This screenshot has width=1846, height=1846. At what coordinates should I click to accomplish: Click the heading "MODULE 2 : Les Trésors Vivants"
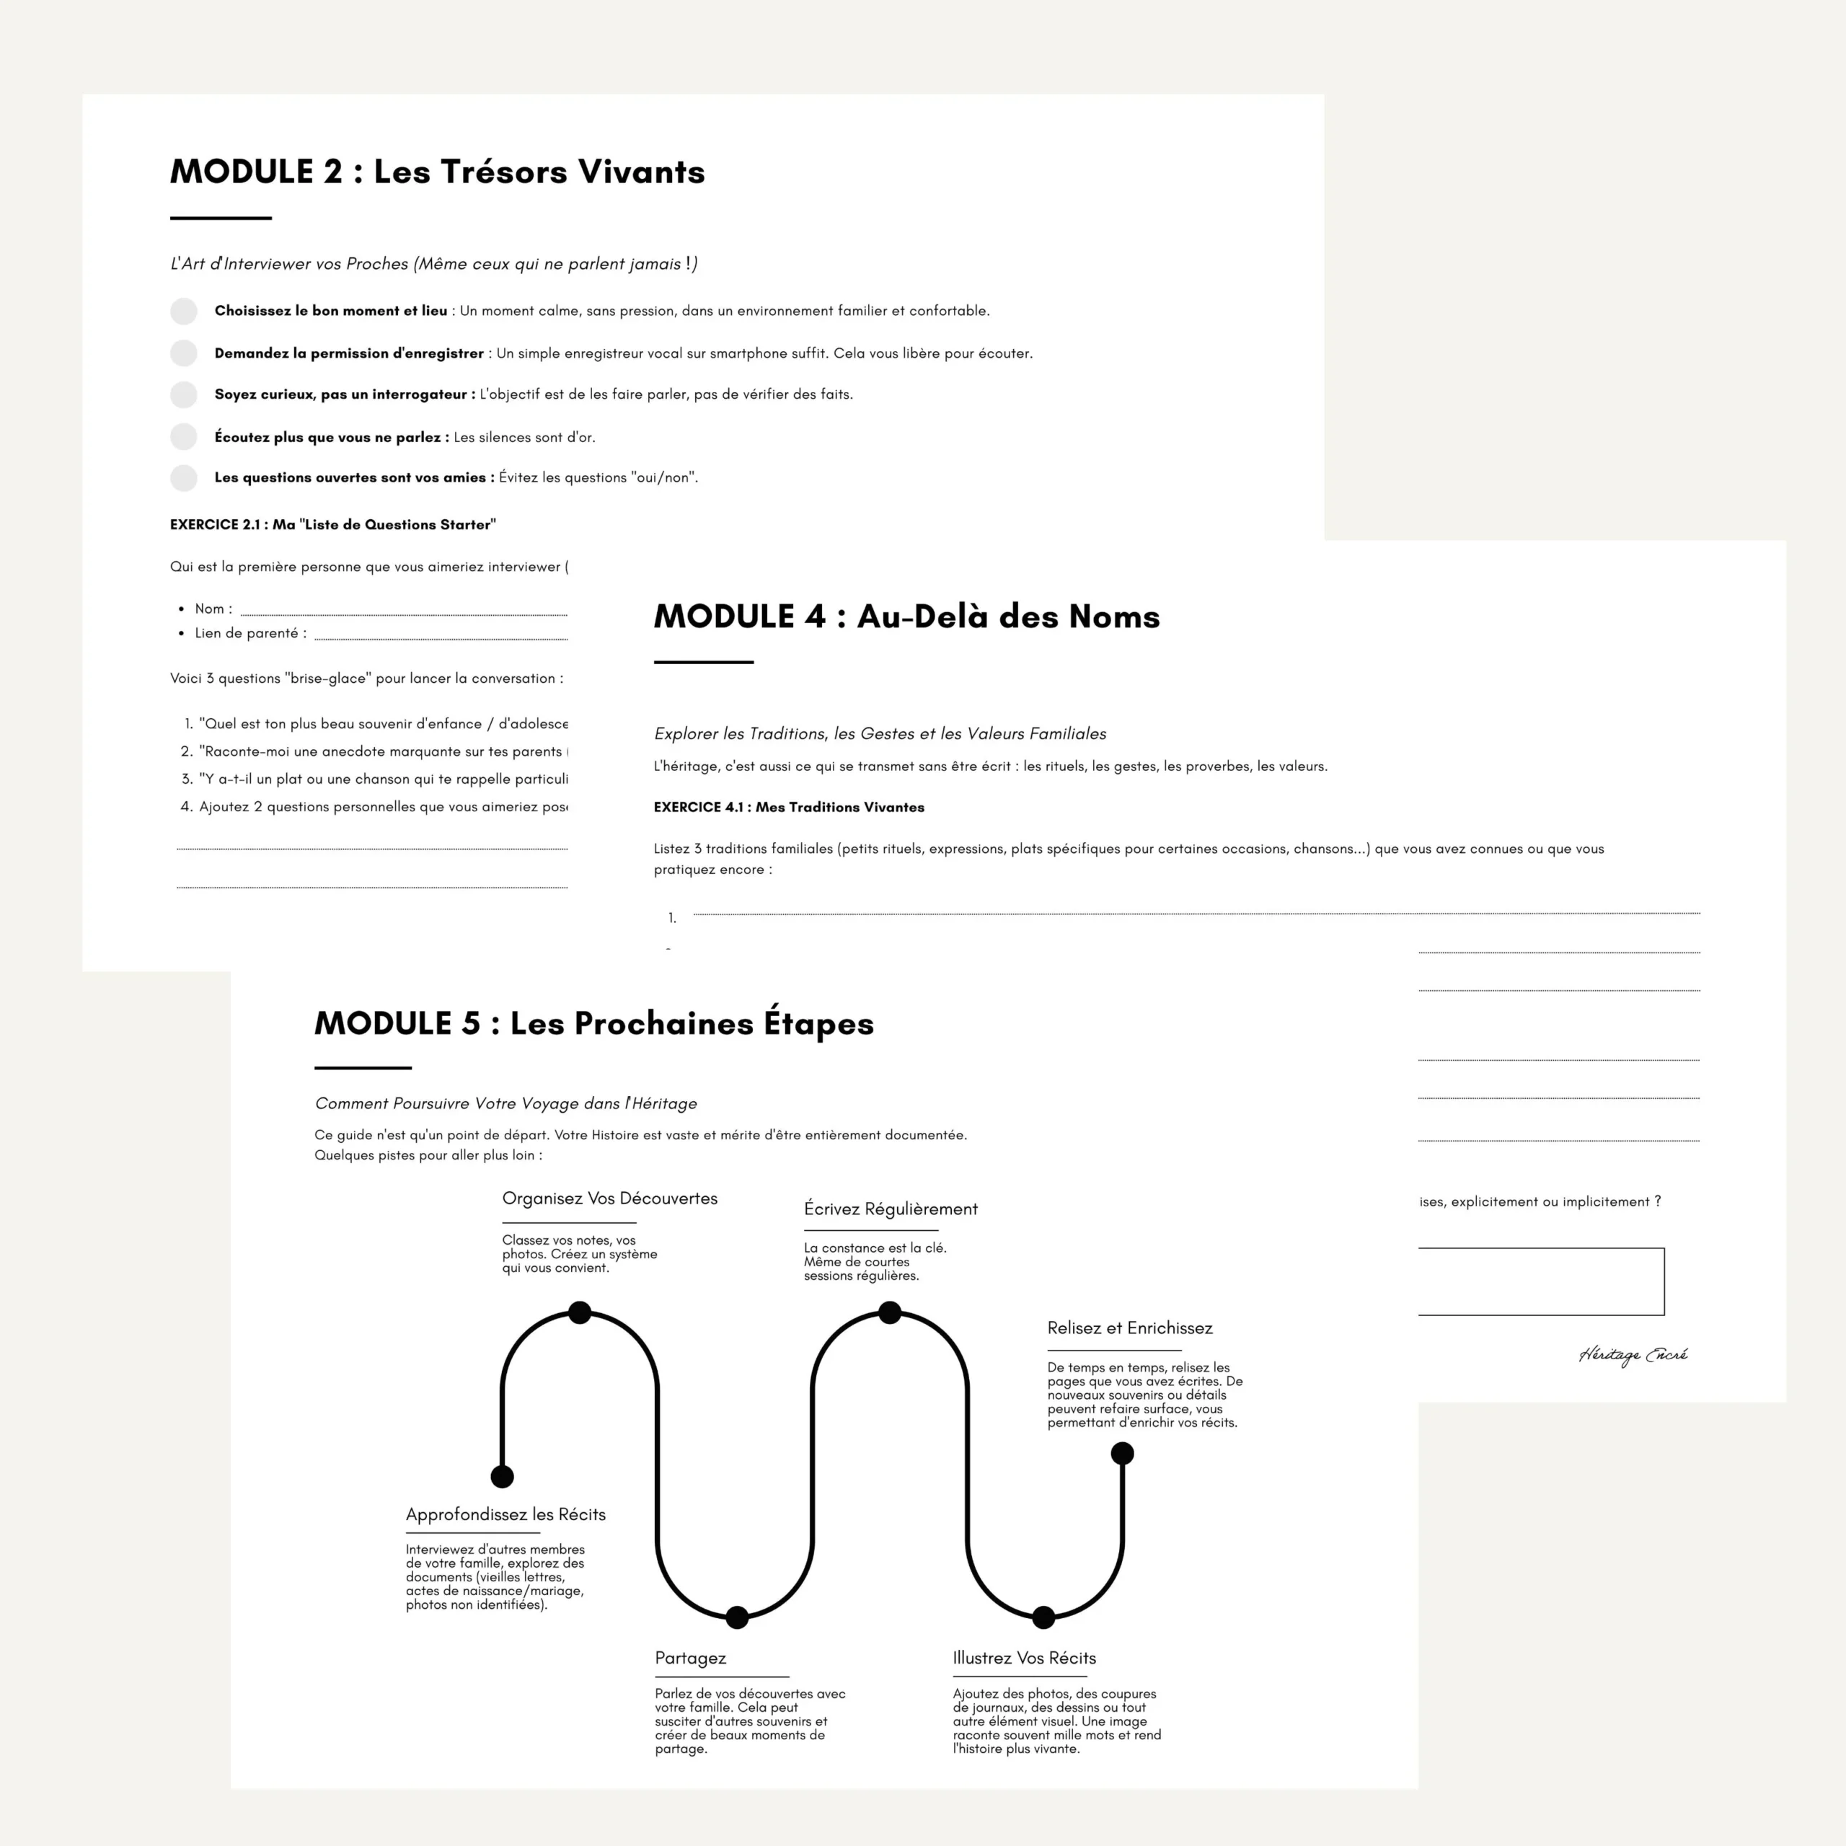[437, 172]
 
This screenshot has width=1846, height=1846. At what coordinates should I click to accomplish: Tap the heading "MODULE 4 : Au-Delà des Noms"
[906, 617]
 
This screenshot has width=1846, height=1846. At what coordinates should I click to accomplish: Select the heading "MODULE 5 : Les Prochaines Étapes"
[593, 1023]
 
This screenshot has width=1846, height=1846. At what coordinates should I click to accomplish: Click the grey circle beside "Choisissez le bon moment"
[183, 311]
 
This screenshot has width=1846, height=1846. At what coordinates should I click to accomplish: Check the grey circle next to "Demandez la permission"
[183, 353]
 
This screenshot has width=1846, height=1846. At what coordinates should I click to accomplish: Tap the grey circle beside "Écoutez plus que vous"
[183, 437]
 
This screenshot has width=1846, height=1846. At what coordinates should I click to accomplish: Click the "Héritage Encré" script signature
[1632, 1355]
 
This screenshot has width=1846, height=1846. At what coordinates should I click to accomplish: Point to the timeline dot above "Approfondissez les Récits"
[502, 1476]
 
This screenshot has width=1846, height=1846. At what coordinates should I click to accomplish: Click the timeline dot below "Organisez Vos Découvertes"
[579, 1312]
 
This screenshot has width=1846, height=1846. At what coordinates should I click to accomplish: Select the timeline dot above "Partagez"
[737, 1617]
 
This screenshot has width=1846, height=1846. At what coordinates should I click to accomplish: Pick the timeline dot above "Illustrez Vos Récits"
[1043, 1617]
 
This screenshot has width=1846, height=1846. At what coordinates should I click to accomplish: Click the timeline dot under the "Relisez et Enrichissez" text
[1122, 1453]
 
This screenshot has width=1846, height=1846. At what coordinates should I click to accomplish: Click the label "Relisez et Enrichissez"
[1129, 1328]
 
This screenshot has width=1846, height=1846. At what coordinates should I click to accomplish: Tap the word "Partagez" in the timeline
[690, 1658]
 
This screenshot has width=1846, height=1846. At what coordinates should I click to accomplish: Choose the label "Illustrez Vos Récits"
[1023, 1658]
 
